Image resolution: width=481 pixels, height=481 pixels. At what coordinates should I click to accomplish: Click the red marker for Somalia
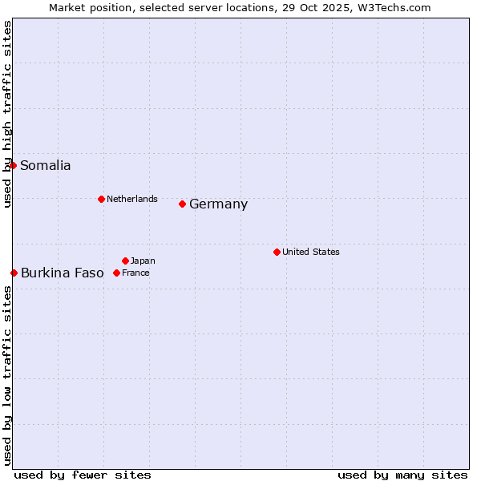(x=13, y=165)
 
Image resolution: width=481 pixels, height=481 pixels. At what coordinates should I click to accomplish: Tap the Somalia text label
(x=46, y=166)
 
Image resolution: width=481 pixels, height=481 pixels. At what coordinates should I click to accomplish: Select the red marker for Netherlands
(x=101, y=199)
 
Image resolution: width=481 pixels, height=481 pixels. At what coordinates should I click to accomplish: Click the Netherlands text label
(x=132, y=199)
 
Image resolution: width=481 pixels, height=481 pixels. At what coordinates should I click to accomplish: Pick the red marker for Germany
(x=182, y=204)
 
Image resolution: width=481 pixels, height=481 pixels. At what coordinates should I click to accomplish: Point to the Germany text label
(x=219, y=204)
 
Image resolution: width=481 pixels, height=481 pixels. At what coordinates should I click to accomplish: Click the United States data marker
(x=277, y=252)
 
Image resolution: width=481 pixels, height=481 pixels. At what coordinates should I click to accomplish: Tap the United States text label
(x=311, y=252)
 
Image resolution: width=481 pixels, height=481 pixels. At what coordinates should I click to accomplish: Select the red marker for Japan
(x=125, y=261)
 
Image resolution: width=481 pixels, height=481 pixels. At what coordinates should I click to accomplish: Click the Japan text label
(x=143, y=261)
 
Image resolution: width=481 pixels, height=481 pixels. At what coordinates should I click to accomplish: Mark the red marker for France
(x=116, y=273)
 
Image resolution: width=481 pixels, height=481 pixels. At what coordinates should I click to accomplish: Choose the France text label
(x=136, y=273)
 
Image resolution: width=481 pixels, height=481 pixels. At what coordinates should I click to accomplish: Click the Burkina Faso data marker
(x=14, y=273)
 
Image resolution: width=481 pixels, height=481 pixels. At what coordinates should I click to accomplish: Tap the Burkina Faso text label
(x=63, y=273)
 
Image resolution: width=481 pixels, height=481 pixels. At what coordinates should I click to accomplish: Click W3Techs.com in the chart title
(x=394, y=8)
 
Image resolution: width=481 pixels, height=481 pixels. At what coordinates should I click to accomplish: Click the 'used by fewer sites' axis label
(x=83, y=475)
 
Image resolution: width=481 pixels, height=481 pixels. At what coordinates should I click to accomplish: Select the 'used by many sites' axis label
(x=402, y=475)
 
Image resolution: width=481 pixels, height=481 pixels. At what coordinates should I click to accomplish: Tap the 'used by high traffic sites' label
(x=7, y=114)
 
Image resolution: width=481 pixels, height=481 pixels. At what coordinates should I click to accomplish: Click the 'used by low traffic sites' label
(x=7, y=375)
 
